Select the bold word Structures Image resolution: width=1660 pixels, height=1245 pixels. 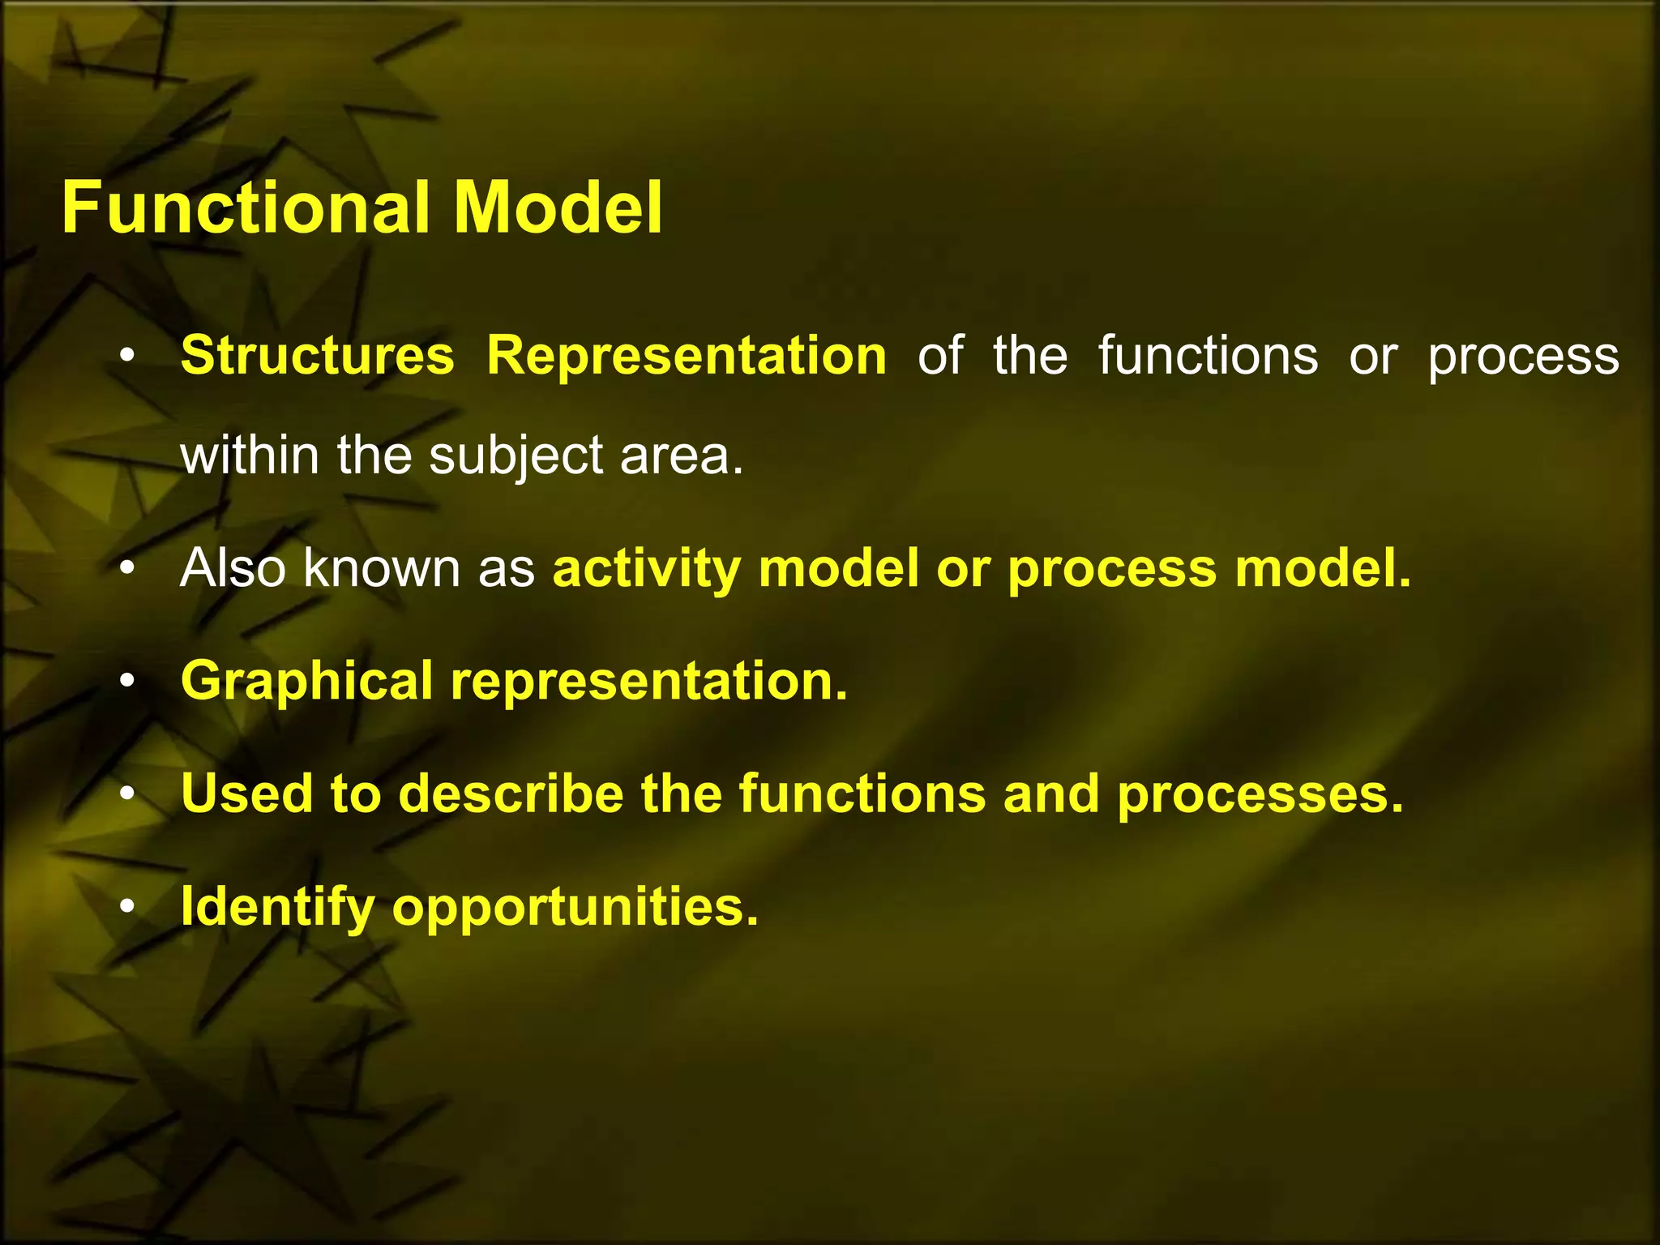tap(317, 356)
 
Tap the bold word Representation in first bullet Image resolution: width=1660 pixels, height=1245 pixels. tap(687, 356)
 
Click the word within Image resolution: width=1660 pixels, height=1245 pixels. tap(250, 456)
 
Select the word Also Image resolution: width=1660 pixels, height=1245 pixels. tap(233, 568)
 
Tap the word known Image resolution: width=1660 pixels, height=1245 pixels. tap(381, 568)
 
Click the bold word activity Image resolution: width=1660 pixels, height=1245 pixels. tap(646, 570)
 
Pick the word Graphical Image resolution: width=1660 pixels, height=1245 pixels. tap(306, 682)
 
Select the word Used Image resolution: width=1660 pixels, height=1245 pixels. tap(246, 794)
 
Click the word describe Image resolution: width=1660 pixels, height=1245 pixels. tap(511, 794)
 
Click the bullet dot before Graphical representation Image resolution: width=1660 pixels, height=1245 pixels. tap(126, 682)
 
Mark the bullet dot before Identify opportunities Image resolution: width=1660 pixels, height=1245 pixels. tap(126, 907)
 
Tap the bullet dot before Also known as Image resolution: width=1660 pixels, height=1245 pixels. tap(126, 569)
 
